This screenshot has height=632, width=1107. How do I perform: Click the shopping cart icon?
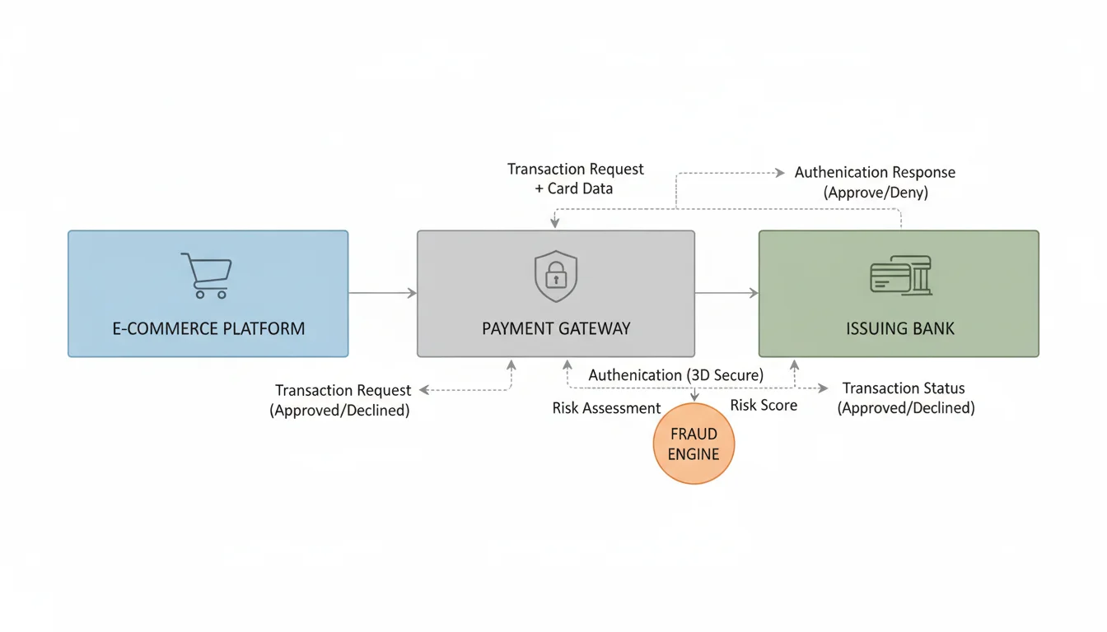206,276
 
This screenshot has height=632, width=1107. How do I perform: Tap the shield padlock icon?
556,276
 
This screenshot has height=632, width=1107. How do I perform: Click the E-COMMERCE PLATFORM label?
208,328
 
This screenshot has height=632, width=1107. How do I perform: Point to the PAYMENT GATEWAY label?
556,328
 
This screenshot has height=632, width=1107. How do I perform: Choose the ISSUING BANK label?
899,328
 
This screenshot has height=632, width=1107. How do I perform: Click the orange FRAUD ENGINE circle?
694,444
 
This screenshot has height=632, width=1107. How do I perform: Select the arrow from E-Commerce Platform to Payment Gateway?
382,293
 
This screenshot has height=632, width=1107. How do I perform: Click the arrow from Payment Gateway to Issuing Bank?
726,293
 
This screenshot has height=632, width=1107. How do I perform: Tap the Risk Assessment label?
606,408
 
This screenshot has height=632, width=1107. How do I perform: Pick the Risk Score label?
764,405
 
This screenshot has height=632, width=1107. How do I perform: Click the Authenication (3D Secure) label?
675,375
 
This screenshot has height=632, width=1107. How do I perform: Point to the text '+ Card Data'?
574,188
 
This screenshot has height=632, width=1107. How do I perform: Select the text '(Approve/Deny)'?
875,193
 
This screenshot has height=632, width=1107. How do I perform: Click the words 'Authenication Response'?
875,173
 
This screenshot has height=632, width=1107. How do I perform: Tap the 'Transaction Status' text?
904,388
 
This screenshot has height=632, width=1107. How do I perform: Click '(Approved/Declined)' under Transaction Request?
339,410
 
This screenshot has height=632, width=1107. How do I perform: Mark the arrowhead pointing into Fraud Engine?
694,397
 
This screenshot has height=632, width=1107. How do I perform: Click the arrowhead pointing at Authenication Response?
780,173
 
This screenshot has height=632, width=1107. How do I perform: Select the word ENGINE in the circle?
694,454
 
